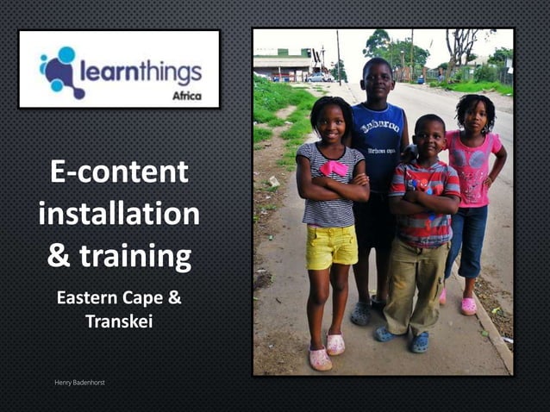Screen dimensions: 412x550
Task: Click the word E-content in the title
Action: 119,172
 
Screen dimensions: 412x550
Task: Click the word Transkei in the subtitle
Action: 119,321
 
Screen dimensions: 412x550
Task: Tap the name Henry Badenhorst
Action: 78,380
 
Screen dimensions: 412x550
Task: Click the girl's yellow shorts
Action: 331,247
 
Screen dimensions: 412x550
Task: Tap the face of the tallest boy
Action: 378,79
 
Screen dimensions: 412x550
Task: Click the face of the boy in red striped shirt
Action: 428,139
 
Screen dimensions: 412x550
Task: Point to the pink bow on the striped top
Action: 335,167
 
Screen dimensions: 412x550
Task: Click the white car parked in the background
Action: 320,77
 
